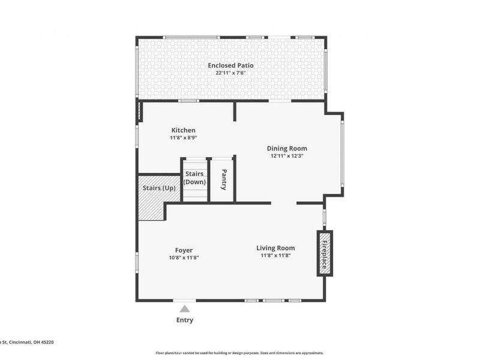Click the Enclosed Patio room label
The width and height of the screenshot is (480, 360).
230,65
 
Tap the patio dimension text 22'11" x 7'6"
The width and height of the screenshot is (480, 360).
230,73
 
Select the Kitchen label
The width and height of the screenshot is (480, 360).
183,130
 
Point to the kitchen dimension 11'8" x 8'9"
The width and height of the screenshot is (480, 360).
183,137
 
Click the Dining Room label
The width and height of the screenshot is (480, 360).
287,148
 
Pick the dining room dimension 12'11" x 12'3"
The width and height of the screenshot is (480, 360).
287,155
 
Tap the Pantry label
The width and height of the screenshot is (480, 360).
223,179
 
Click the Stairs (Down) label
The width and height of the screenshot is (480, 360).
194,178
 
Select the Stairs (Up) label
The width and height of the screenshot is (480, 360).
159,188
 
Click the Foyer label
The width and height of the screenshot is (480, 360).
184,250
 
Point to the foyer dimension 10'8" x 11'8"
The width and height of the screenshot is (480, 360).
184,257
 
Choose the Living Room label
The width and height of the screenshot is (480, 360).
275,248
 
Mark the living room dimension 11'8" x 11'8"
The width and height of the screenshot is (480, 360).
275,255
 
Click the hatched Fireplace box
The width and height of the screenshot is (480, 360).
325,253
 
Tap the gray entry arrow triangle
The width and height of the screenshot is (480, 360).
185,309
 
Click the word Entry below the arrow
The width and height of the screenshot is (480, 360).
185,320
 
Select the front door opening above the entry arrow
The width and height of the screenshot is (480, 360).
185,300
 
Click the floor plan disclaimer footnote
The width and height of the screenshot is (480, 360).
239,353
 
